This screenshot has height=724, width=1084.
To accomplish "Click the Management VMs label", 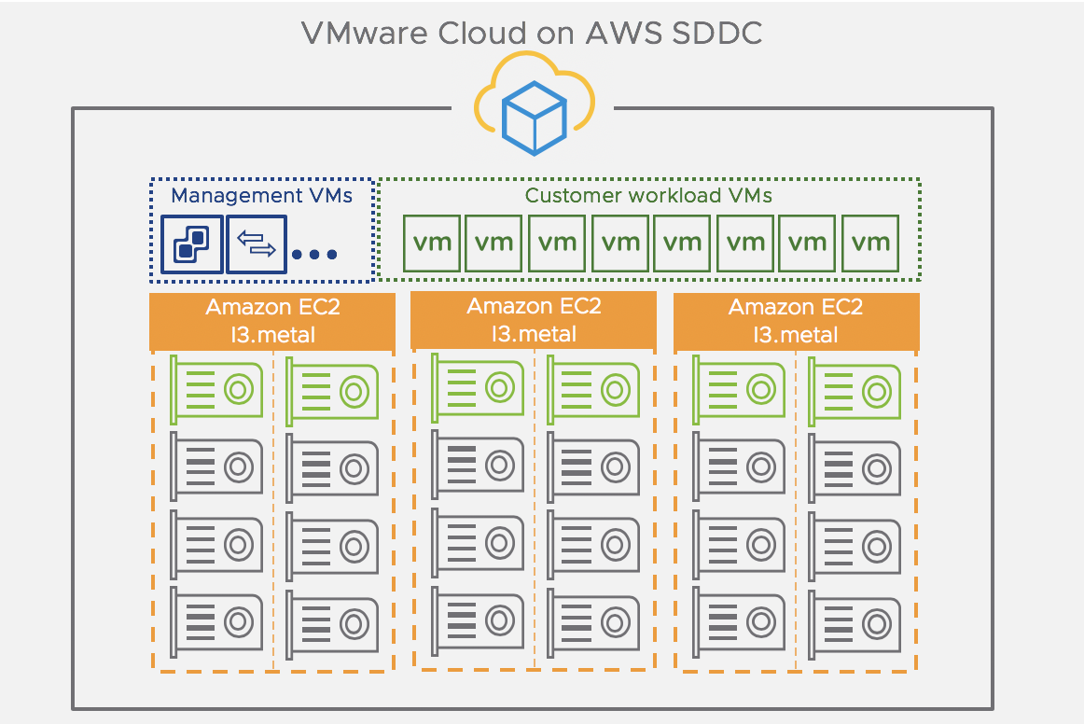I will (262, 196).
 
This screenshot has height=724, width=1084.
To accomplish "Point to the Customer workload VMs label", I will (648, 196).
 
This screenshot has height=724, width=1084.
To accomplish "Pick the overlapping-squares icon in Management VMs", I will (191, 244).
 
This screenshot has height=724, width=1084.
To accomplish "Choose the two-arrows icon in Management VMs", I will (257, 244).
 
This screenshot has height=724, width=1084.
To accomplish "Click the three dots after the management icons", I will (314, 254).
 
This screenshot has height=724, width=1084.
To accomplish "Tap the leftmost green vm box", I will (432, 244).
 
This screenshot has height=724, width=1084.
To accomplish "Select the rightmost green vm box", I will (870, 244).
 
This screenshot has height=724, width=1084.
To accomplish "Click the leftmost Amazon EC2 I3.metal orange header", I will (272, 321).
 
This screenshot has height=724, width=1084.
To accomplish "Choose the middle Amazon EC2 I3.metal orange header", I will (534, 319).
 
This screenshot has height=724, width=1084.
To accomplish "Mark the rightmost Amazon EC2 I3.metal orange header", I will (796, 321).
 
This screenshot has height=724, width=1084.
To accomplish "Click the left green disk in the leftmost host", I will (216, 386).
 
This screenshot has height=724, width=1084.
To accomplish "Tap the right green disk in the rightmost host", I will (855, 388).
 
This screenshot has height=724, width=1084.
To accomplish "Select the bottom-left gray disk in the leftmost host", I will (216, 620).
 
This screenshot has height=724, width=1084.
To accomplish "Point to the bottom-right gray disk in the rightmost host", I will (855, 623).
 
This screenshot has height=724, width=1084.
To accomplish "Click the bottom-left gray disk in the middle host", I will (478, 620).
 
